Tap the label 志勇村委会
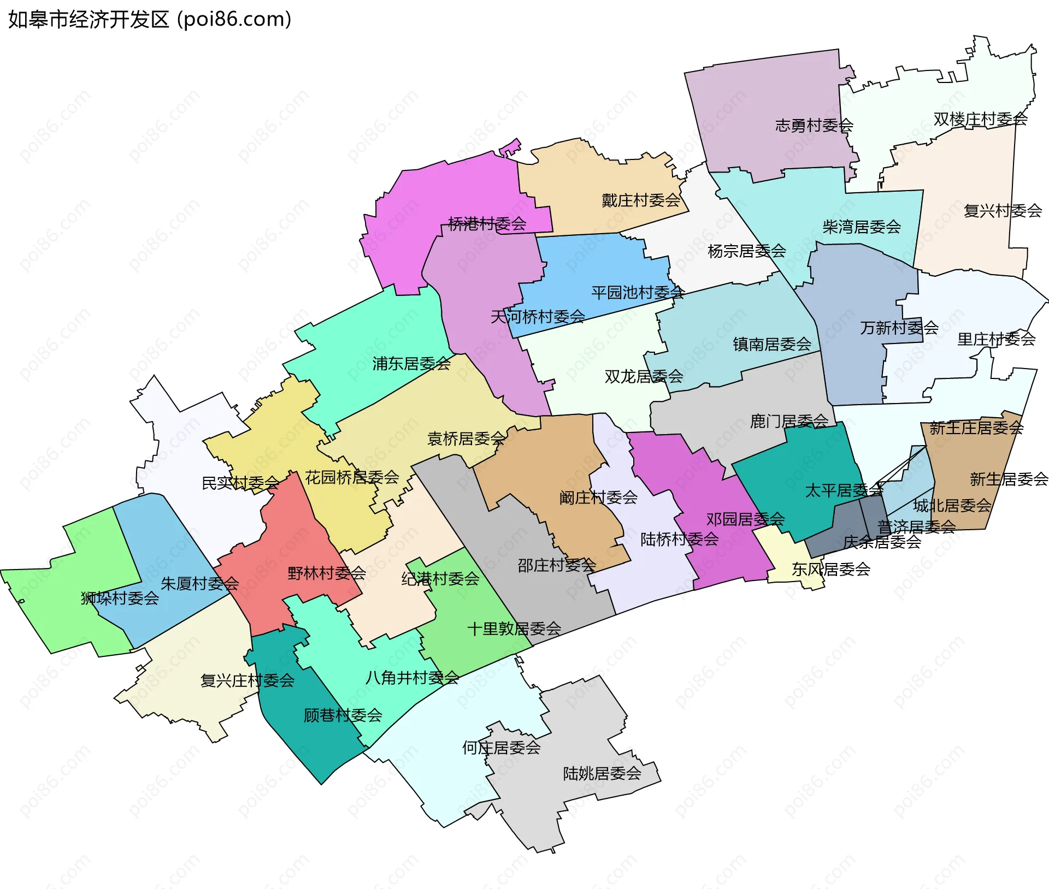point(814,126)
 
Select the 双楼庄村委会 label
point(980,119)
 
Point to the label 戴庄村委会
point(641,200)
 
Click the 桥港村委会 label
point(487,223)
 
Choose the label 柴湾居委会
point(862,227)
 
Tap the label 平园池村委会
point(638,293)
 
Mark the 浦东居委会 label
point(411,364)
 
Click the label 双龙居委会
point(644,376)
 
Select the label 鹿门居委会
point(789,421)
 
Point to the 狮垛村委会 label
point(120,598)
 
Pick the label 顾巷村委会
point(343,715)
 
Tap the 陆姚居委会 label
point(602,773)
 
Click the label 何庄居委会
point(501,748)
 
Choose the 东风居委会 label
point(830,570)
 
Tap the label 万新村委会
point(899,328)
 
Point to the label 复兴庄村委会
point(247,680)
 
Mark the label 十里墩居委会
point(514,629)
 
